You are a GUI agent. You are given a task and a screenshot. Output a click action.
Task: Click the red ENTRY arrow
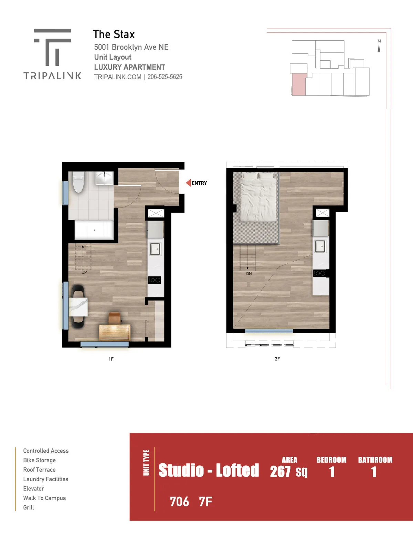click(x=188, y=183)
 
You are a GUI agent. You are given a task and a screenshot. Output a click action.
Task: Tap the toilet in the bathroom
click(x=78, y=182)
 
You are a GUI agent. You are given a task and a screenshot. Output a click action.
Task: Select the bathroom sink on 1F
click(x=105, y=178)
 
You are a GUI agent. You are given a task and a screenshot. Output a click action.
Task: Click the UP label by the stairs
click(x=84, y=272)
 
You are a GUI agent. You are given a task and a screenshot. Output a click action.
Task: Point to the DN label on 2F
click(x=249, y=273)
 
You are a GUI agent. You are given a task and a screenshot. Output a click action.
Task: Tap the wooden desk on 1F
click(x=115, y=332)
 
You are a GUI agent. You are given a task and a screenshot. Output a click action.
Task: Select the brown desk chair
click(x=115, y=318)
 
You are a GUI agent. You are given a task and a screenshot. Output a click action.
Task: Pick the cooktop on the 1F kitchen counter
click(x=154, y=280)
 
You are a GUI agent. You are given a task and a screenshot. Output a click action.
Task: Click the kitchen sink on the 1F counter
click(x=155, y=249)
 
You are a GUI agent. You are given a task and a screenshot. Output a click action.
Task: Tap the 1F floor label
click(x=111, y=359)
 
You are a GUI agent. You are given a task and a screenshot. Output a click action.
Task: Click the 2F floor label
click(x=277, y=359)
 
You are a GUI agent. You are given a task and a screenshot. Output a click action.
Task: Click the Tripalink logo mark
click(x=52, y=47)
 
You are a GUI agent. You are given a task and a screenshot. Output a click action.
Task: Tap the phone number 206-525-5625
click(x=165, y=77)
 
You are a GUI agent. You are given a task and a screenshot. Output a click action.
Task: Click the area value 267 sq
click(x=288, y=472)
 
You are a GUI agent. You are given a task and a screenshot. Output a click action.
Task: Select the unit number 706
click(x=179, y=502)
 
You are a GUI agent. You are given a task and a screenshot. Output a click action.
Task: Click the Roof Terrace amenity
click(x=39, y=470)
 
